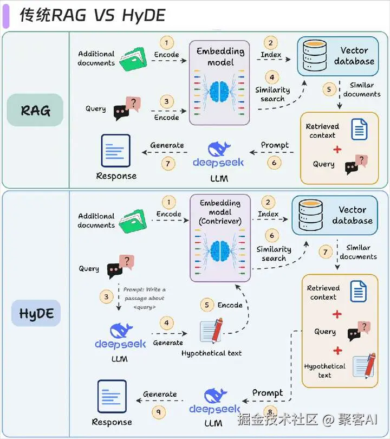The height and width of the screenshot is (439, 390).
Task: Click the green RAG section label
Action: point(35,110)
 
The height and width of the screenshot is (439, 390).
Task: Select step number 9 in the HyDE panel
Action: point(159,411)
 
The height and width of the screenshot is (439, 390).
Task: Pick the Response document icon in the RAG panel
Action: point(116,151)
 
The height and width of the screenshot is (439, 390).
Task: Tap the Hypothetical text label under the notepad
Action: point(211,353)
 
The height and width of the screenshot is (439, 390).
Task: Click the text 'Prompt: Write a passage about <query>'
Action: point(144,298)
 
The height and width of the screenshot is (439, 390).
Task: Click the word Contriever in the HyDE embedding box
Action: point(220,222)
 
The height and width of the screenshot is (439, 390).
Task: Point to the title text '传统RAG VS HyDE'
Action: point(92,15)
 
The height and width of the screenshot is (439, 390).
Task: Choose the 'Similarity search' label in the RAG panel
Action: point(272,94)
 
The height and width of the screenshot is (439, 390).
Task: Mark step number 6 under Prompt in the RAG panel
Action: point(275,162)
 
